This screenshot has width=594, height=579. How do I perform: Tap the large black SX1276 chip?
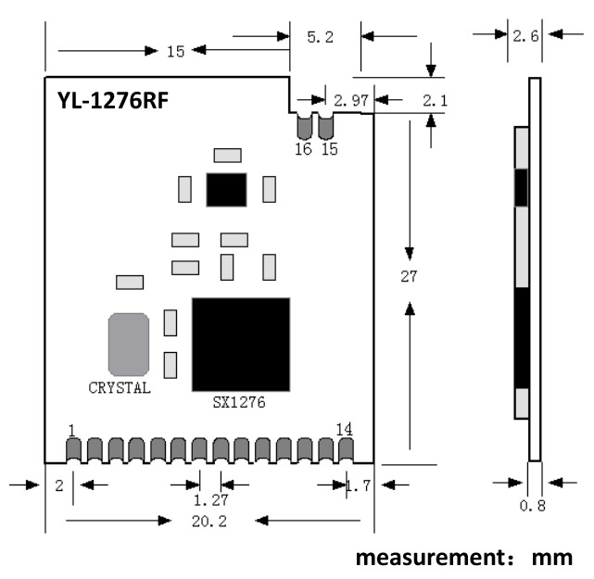point(241,344)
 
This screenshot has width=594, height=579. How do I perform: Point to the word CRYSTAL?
point(120,388)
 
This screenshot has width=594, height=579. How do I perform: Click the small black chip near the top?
point(227,189)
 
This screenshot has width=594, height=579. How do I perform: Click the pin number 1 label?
point(71,430)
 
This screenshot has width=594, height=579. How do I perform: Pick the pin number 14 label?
point(344,429)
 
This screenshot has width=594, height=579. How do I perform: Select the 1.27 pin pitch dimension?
point(210,500)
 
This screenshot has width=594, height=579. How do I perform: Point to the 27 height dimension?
point(410,276)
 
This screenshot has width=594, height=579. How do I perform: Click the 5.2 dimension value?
point(320,37)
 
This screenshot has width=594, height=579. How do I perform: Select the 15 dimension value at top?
point(175,51)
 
